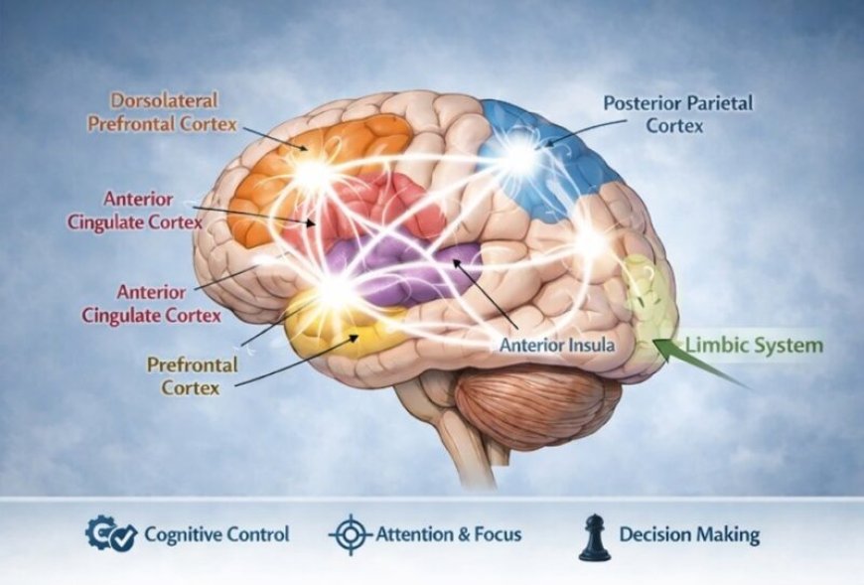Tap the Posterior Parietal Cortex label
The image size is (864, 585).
click(677, 113)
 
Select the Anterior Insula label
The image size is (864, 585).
click(556, 346)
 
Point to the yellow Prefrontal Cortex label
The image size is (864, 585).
click(193, 375)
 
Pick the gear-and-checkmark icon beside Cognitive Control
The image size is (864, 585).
click(110, 534)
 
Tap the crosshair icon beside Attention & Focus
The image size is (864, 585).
click(350, 535)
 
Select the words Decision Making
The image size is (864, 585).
click(688, 534)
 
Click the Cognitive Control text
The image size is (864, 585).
click(216, 534)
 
